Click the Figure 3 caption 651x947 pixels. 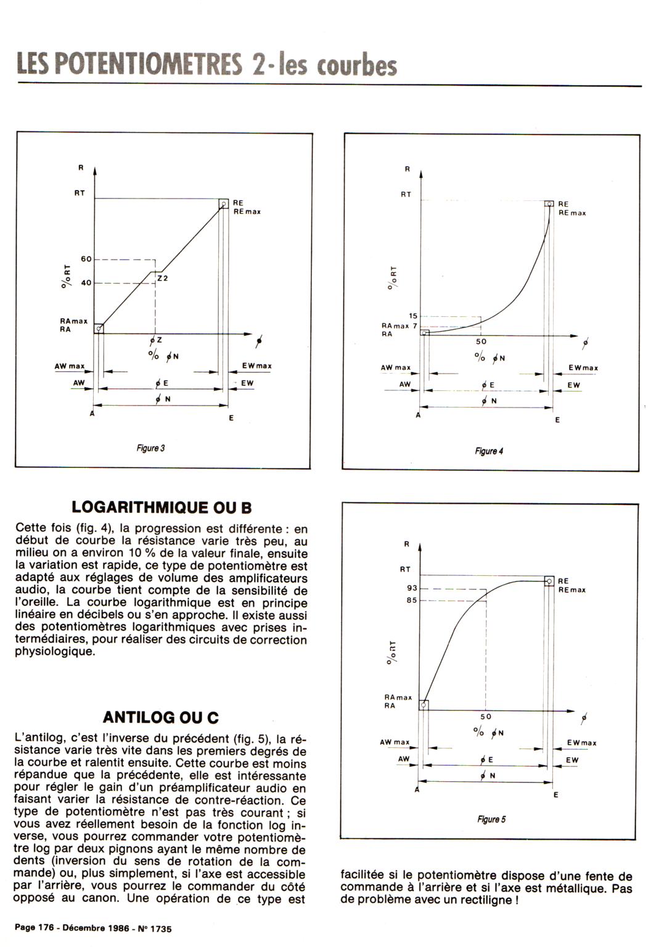tap(150, 448)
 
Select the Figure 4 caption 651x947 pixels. tap(489, 451)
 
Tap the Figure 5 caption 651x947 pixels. tap(491, 819)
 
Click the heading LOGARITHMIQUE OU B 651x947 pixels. tap(162, 507)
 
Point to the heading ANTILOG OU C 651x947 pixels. tap(161, 718)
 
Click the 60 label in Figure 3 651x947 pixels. tap(86, 260)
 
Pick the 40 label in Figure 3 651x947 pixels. tap(86, 283)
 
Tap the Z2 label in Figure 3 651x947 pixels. tap(163, 279)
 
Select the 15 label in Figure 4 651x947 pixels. tap(413, 316)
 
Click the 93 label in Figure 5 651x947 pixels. tap(412, 589)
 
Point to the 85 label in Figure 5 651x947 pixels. tap(412, 601)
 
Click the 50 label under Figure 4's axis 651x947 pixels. tap(481, 342)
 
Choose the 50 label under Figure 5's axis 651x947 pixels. tap(486, 717)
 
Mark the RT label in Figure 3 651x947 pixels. tap(80, 193)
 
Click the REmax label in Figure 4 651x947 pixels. tap(572, 213)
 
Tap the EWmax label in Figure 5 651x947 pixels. tap(582, 743)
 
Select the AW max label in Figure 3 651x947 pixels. tap(70, 366)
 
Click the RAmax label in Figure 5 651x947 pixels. tap(398, 697)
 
